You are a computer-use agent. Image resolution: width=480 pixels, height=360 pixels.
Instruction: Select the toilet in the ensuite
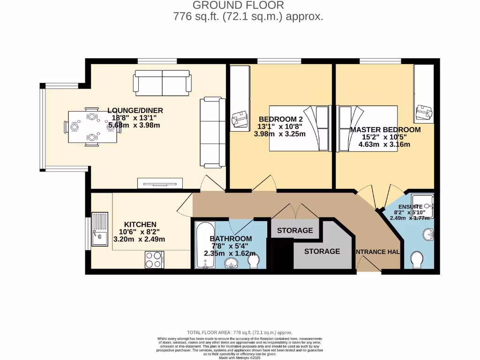pos(416,259)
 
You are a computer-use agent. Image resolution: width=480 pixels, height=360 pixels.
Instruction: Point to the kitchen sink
pos(100,229)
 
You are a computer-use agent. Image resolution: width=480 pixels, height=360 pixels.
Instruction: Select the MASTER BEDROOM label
pos(385,130)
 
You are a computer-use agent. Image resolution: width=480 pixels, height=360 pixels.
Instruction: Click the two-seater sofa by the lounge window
pos(162,82)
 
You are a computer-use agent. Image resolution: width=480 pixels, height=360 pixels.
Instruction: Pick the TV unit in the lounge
pos(160,183)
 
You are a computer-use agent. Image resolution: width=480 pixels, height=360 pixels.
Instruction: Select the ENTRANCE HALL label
pos(377,252)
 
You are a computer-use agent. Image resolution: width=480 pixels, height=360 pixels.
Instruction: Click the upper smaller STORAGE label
pos(295,231)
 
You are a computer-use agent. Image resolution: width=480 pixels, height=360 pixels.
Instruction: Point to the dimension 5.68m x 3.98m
pos(134,125)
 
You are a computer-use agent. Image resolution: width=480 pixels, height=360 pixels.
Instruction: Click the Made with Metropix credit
pos(240,358)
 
